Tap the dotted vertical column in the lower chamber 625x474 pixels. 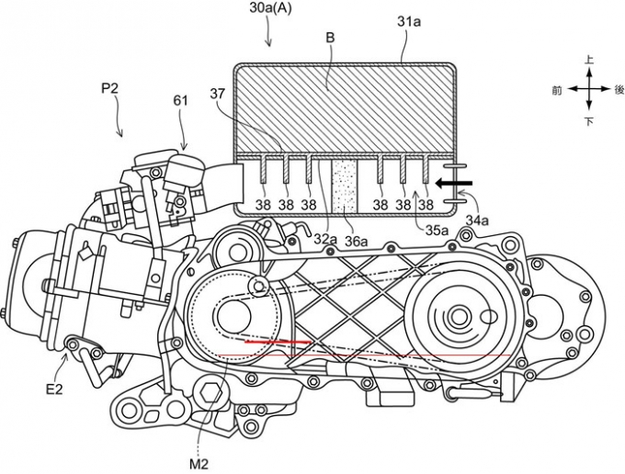[346, 185]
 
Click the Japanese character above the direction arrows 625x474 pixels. [589, 61]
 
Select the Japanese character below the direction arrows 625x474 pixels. [589, 121]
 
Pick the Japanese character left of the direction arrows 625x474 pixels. [557, 90]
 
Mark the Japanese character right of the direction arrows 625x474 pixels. [619, 90]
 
